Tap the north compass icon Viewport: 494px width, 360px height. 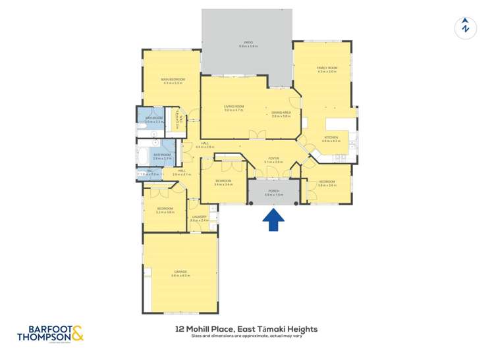click(x=465, y=27)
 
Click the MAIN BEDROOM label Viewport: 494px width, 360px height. click(x=173, y=81)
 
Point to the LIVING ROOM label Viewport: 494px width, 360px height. click(x=233, y=109)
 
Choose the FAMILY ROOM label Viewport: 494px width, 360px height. click(x=327, y=69)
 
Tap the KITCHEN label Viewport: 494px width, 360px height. click(x=331, y=139)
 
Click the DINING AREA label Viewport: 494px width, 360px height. click(x=281, y=114)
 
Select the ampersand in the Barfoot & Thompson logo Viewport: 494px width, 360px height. click(x=77, y=335)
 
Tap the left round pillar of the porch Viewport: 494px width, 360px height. click(x=251, y=179)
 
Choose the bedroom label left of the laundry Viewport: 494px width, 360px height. click(x=165, y=210)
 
